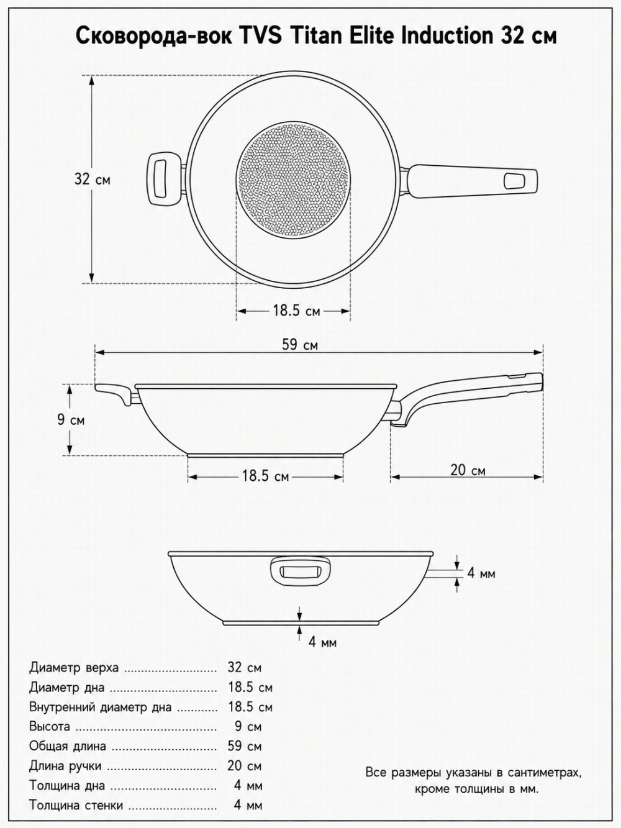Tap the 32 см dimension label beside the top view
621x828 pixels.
[x=93, y=179]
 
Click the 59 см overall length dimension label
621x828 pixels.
[x=300, y=344]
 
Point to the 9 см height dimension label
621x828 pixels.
[x=71, y=420]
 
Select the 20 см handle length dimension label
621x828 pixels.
[x=468, y=470]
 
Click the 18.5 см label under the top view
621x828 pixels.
[x=297, y=311]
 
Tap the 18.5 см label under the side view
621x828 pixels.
[x=265, y=476]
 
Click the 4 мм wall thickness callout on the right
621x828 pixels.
[x=481, y=573]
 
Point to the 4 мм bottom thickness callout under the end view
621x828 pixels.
[x=322, y=642]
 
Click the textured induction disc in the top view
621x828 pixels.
[x=293, y=180]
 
